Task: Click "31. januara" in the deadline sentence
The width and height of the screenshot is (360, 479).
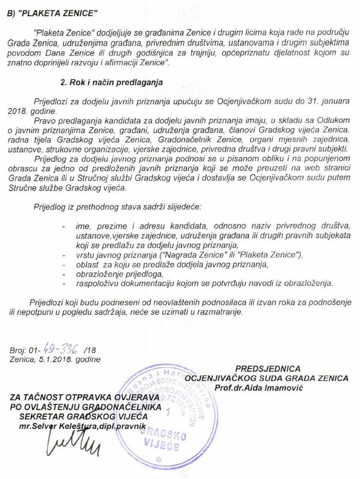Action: [x=328, y=102]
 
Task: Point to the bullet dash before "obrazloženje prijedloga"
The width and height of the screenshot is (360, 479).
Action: [x=64, y=275]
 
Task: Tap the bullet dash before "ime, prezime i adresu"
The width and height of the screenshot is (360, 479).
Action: [x=64, y=226]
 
